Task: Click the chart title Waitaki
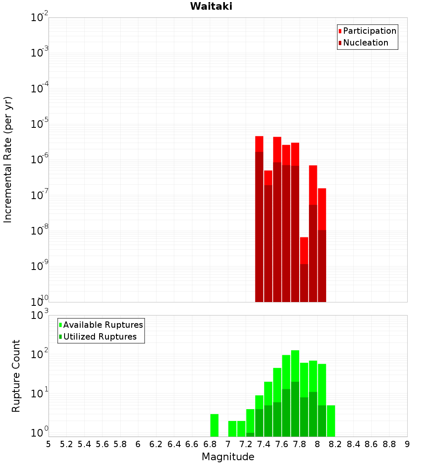[211, 6]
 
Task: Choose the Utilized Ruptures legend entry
[100, 337]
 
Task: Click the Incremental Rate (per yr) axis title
[8, 160]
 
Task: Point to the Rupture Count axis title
[16, 376]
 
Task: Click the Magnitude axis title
[228, 457]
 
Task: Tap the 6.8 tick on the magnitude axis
[210, 444]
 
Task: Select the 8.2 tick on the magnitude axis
[335, 444]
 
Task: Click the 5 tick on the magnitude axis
[49, 444]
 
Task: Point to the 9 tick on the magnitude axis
[407, 444]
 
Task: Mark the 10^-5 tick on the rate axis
[38, 124]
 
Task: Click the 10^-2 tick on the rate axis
[38, 18]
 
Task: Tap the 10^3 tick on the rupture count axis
[38, 315]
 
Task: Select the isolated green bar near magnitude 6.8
[214, 425]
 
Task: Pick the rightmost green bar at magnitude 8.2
[331, 421]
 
